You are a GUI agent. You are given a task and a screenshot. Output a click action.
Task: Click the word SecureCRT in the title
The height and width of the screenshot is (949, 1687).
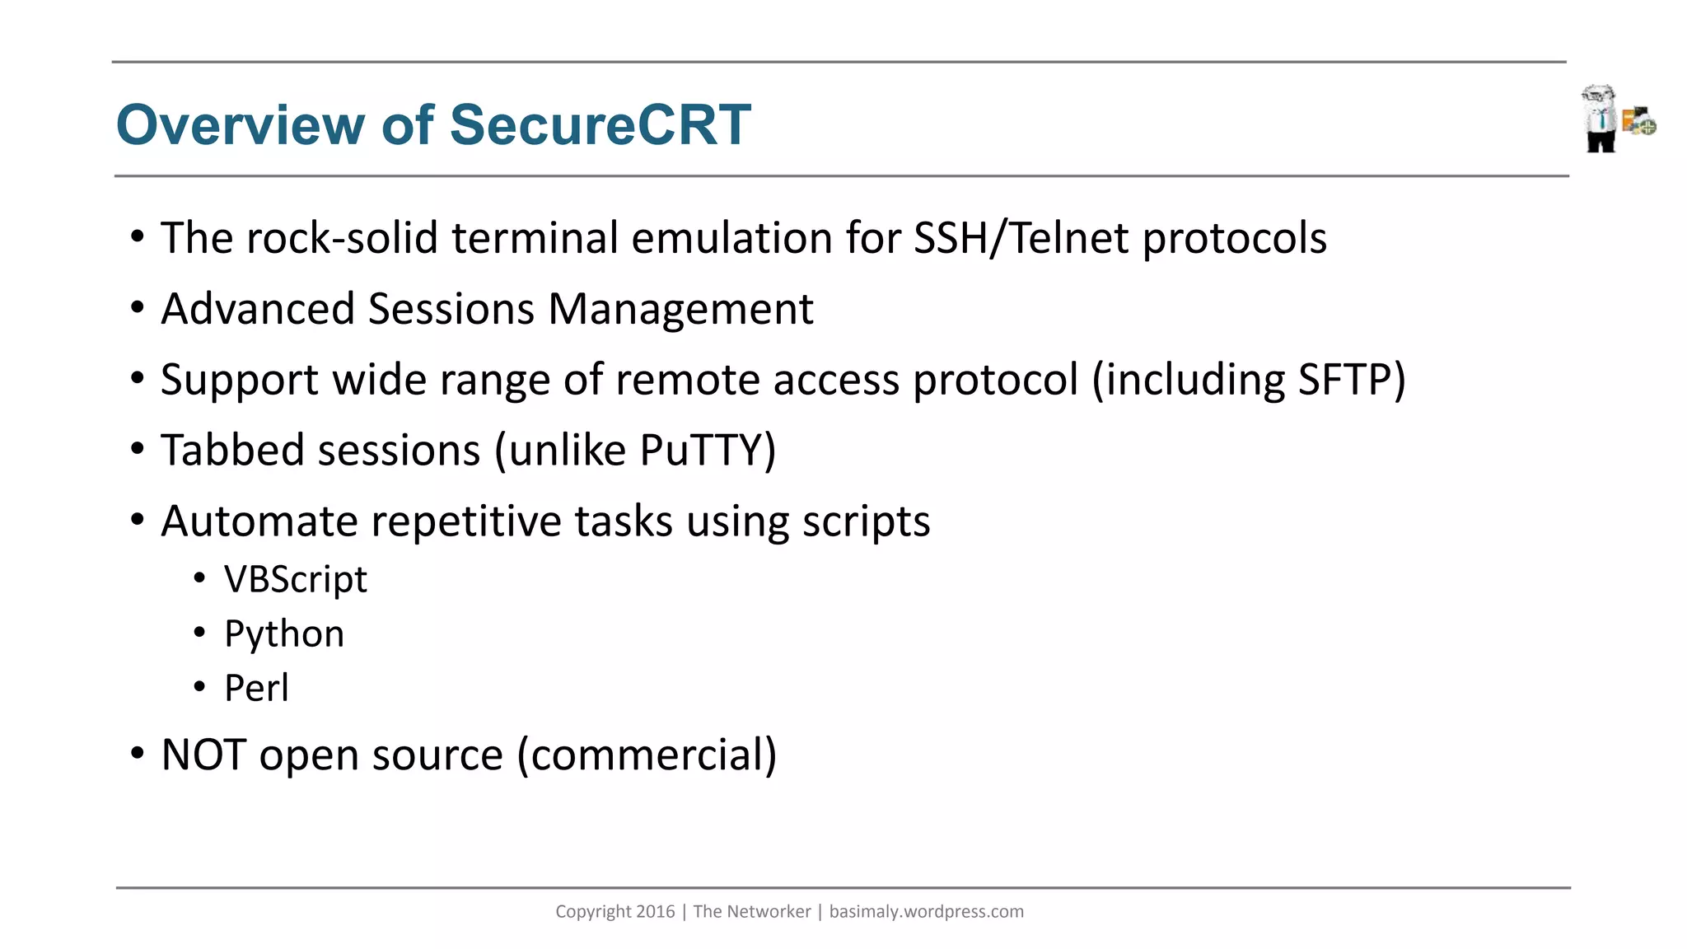tap(600, 125)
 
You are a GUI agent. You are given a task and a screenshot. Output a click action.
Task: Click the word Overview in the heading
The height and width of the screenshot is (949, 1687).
tap(241, 125)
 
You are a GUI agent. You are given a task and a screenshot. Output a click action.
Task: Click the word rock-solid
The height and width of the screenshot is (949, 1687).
tap(342, 238)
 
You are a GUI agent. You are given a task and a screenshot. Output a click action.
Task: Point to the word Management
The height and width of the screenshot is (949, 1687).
tap(680, 310)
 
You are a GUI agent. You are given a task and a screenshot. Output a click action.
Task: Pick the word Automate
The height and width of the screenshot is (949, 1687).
tap(259, 521)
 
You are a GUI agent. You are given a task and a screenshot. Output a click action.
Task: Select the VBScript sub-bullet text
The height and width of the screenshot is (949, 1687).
tap(295, 579)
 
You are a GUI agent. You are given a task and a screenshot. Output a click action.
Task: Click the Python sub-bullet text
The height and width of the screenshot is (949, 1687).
tap(284, 633)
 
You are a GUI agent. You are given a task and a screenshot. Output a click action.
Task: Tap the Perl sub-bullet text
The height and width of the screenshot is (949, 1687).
tap(256, 688)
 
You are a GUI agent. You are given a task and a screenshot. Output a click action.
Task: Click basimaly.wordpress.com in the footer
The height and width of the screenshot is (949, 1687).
tap(926, 911)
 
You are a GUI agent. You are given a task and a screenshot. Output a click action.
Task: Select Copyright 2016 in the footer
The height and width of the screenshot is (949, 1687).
tap(615, 911)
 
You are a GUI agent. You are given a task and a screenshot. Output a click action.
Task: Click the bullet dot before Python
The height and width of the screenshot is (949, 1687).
tap(199, 632)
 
